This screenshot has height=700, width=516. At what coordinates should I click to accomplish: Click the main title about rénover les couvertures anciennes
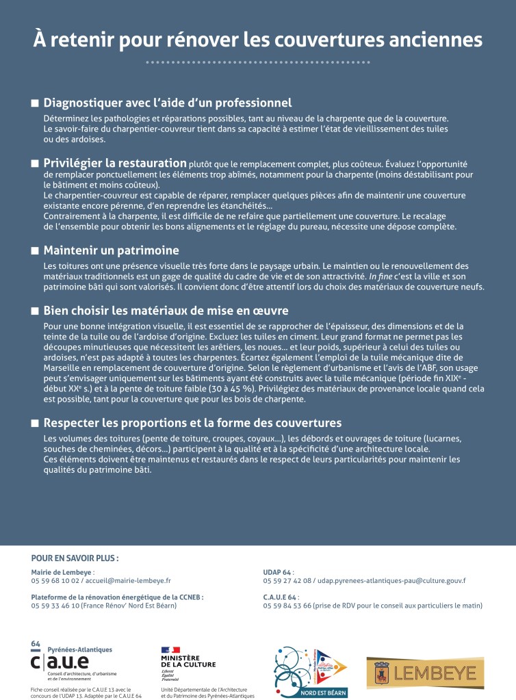257,39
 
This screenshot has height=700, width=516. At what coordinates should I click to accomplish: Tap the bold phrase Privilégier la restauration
115,163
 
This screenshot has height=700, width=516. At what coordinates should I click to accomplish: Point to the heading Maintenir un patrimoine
111,250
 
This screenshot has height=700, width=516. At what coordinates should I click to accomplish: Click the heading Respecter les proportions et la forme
192,422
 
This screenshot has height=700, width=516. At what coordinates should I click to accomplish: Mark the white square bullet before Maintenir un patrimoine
35,250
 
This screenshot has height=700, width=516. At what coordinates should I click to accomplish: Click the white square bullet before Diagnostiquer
35,104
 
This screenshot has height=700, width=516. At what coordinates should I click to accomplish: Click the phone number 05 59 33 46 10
55,606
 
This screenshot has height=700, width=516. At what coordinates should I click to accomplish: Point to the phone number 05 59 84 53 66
287,606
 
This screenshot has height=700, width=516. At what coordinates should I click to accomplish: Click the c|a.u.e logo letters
60,662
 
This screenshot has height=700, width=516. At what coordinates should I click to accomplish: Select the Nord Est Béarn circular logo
311,671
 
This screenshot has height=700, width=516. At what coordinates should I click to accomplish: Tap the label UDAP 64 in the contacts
276,572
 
